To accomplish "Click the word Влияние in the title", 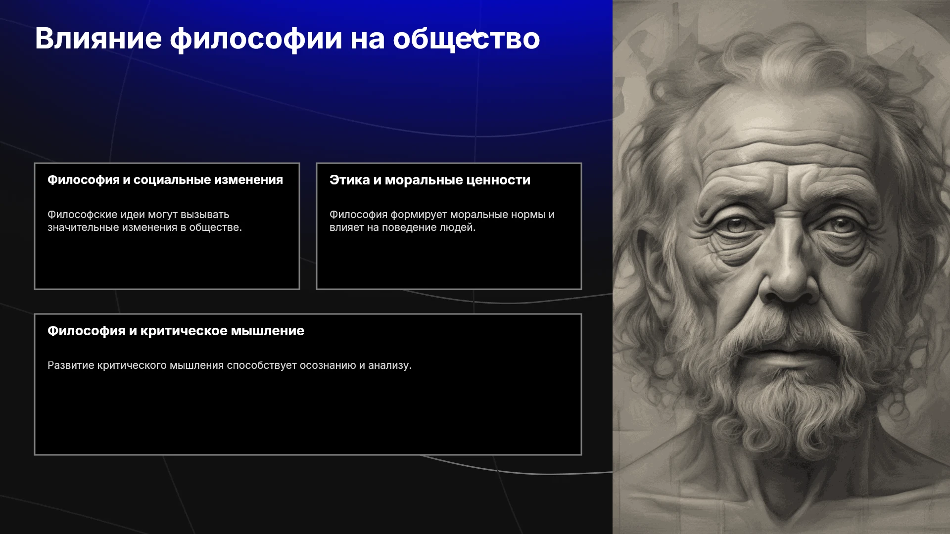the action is [98, 39].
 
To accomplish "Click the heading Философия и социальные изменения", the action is [165, 180].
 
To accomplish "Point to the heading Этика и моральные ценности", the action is [430, 180].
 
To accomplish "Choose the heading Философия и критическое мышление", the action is [176, 331].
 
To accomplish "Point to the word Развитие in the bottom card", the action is [71, 365].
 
